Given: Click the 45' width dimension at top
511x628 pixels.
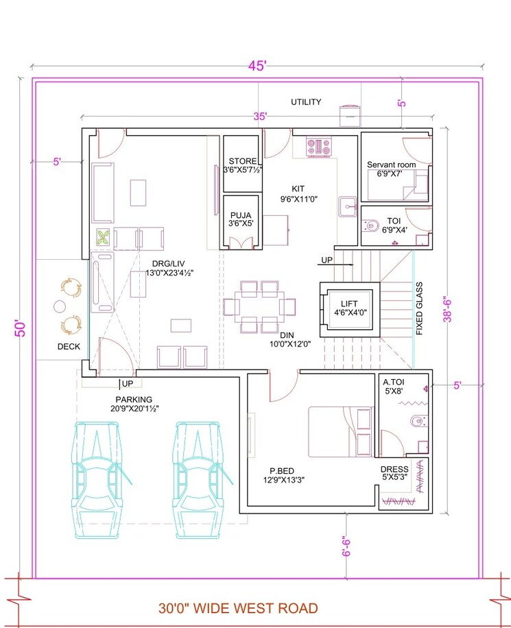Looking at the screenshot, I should point(258,66).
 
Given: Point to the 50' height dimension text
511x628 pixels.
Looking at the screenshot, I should point(22,329).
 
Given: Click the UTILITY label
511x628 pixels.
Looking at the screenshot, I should point(306,102).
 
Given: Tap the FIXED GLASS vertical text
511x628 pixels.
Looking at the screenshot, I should point(420,308).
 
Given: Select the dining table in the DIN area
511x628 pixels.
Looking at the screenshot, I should point(260,306).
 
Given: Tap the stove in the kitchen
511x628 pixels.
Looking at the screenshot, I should point(320,145).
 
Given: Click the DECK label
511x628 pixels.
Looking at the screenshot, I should point(68,347).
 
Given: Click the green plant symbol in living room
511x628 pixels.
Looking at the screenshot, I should point(103,238).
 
